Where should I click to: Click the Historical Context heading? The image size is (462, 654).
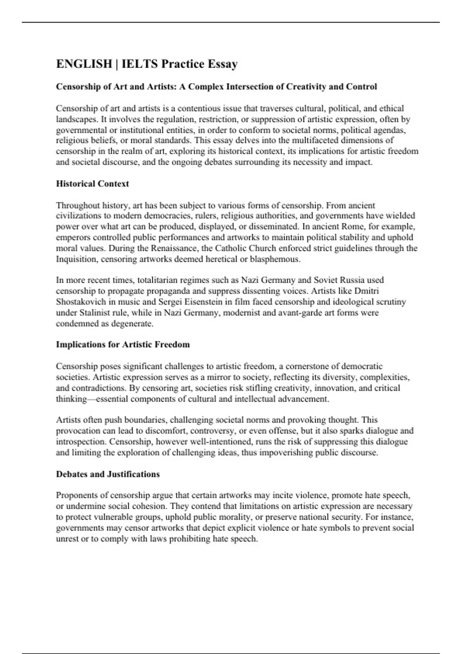click(x=92, y=184)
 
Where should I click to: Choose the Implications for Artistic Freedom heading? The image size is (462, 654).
click(x=123, y=344)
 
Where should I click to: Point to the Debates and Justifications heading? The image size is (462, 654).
click(x=108, y=474)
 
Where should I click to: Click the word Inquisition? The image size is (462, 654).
click(x=76, y=259)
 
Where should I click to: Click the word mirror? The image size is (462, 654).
click(x=220, y=377)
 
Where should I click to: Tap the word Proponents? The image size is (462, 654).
click(x=78, y=495)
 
